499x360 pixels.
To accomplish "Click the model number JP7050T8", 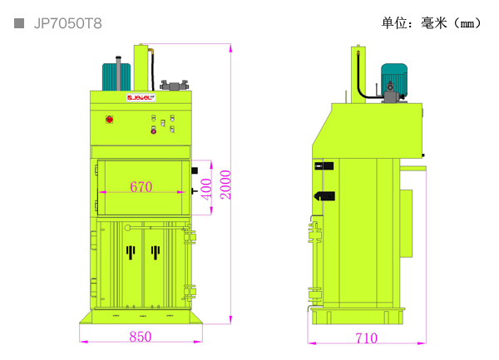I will click(67, 23).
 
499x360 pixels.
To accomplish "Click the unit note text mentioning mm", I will click(432, 23).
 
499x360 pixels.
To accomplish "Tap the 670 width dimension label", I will click(141, 187).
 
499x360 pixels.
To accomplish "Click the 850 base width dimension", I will click(141, 337).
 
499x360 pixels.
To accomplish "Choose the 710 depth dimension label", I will click(366, 338).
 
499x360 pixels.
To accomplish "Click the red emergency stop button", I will click(109, 120).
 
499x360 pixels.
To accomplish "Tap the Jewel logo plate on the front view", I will click(141, 97).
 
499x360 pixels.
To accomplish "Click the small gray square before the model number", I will click(18, 23).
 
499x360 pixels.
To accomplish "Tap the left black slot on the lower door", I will click(129, 250).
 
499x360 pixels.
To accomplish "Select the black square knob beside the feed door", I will click(195, 170).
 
